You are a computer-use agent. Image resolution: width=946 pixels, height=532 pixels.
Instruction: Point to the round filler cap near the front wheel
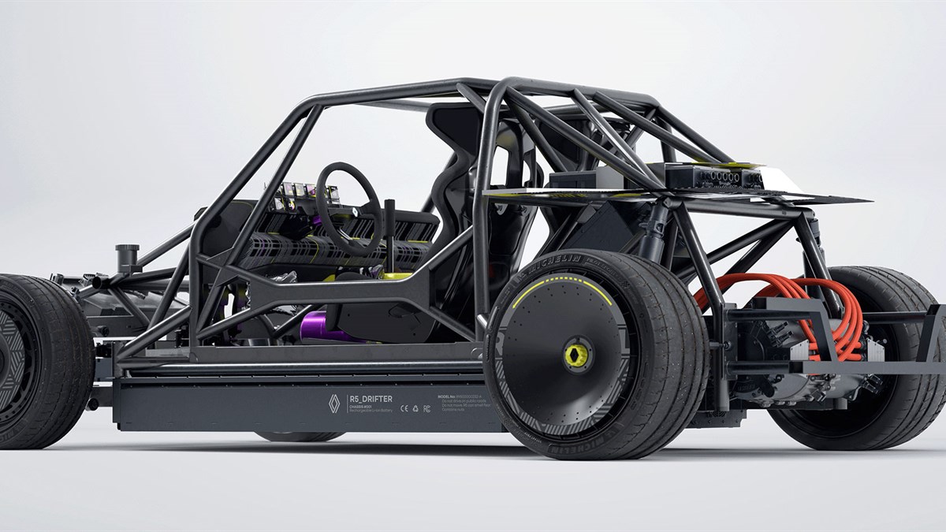pos(125,255)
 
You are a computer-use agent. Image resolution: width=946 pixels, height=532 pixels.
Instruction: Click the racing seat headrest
pos(453,126)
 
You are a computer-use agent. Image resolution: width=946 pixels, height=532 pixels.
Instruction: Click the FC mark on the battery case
pos(426,408)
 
